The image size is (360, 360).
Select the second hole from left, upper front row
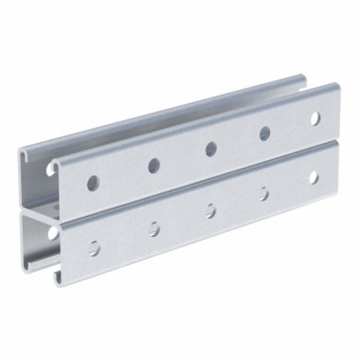tap(153, 165)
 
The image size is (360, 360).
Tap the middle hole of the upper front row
tap(210, 149)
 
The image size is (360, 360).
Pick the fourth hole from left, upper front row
tap(264, 134)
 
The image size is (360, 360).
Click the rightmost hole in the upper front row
tap(315, 118)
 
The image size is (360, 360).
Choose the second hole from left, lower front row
tap(153, 227)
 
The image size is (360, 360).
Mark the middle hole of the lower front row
tap(210, 209)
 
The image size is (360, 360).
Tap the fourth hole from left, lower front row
tap(264, 193)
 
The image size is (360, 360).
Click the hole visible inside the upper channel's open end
tap(50, 169)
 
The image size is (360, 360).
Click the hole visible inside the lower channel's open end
tap(50, 230)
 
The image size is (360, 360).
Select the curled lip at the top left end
tap(57, 164)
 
